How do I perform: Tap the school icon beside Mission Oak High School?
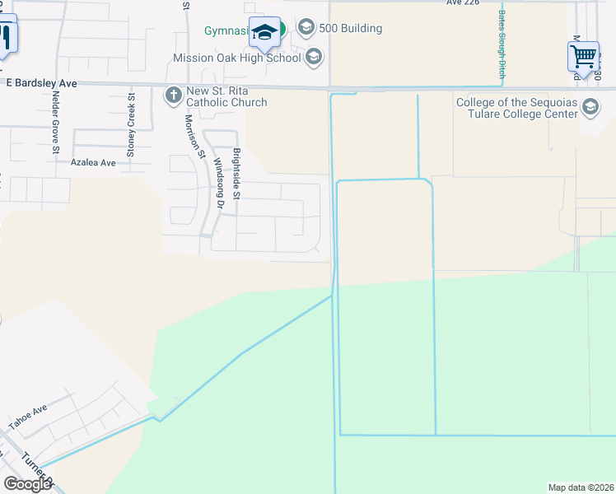click(313, 57)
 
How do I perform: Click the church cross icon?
click(173, 96)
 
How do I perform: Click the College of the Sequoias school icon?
click(590, 107)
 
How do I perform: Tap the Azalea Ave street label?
click(93, 163)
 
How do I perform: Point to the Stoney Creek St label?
click(130, 125)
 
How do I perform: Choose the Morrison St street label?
click(194, 136)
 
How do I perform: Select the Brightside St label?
click(236, 173)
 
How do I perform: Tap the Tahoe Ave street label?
click(29, 417)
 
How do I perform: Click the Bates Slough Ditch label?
click(501, 40)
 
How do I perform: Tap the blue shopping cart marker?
click(583, 58)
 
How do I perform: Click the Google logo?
click(27, 484)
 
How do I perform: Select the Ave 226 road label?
click(463, 2)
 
